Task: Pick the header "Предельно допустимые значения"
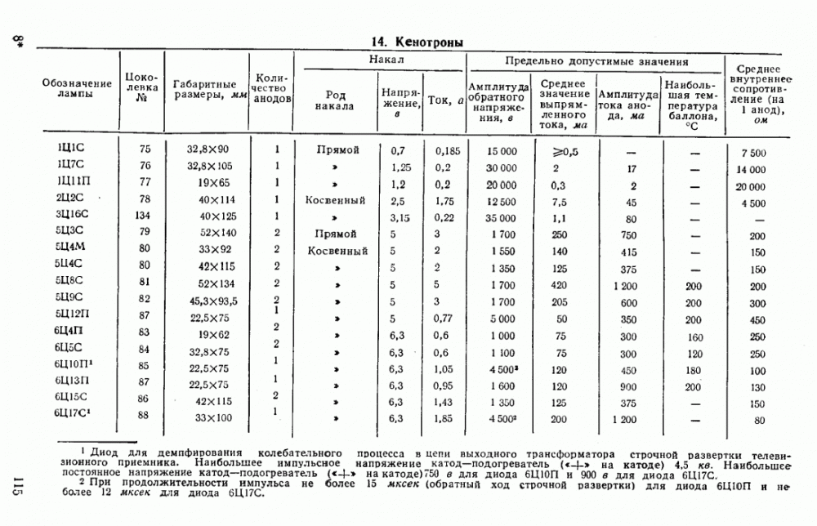click(596, 61)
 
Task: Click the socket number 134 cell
click(144, 216)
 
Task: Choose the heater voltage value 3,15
click(398, 216)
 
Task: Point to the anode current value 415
click(627, 250)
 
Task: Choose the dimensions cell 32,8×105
click(208, 167)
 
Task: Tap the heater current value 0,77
click(443, 318)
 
